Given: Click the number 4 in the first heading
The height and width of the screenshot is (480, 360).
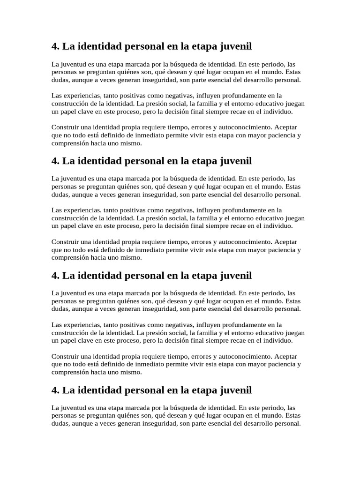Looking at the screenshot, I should click(54, 46).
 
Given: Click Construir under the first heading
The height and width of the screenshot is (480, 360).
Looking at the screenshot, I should click(65, 127).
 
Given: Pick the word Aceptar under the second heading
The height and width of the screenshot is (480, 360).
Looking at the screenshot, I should click(285, 242).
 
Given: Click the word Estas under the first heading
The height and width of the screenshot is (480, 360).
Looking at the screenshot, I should click(293, 72).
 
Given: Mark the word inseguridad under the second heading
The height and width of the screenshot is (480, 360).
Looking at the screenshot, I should click(153, 194).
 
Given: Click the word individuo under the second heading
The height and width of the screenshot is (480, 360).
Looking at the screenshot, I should click(278, 226).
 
